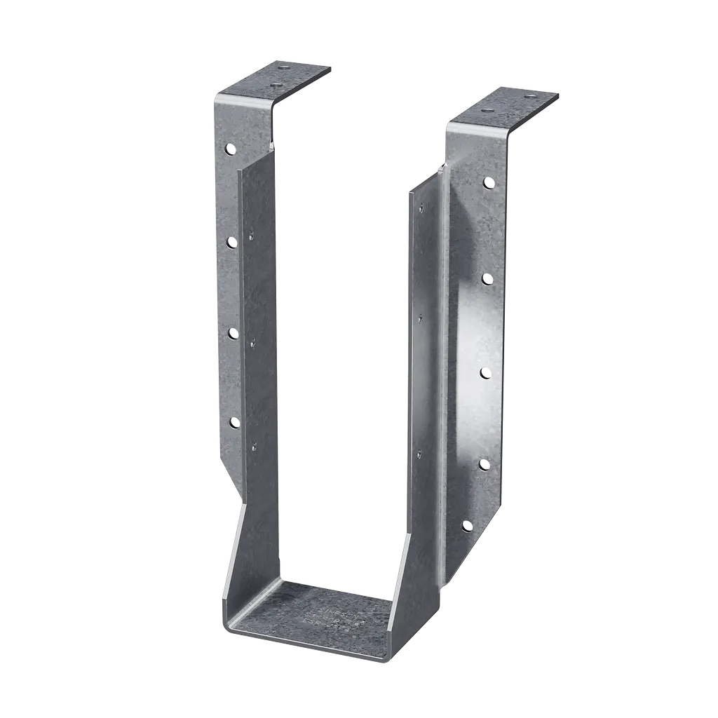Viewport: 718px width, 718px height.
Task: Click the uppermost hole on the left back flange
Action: pyautogui.click(x=230, y=149)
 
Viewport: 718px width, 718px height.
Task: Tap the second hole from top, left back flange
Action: pyautogui.click(x=231, y=242)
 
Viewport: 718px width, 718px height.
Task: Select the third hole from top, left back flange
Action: pyautogui.click(x=233, y=334)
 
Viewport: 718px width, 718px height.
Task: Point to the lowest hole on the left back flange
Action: pyautogui.click(x=234, y=422)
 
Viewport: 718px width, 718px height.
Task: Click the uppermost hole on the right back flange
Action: pyautogui.click(x=488, y=183)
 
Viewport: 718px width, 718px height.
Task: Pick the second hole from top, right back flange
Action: pyautogui.click(x=487, y=279)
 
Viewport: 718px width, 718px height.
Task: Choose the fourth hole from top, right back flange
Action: pyautogui.click(x=483, y=464)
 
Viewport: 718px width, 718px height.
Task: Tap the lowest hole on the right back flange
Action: pyautogui.click(x=467, y=525)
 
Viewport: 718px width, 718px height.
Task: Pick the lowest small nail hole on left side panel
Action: pyautogui.click(x=253, y=444)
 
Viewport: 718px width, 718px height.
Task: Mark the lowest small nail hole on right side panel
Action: pyautogui.click(x=419, y=455)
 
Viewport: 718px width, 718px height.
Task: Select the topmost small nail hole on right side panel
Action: pyautogui.click(x=423, y=208)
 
